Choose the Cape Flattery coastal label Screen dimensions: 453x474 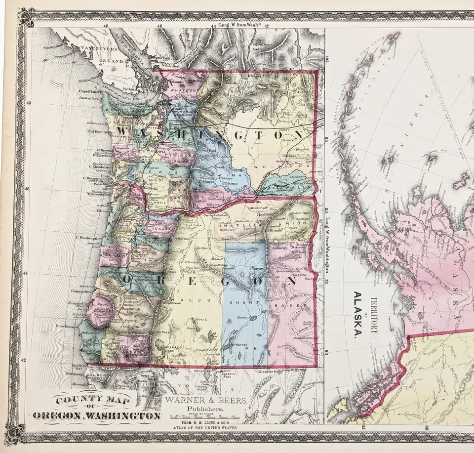(x=89, y=91)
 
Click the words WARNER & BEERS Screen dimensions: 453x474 (x=206, y=401)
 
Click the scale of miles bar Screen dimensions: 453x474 (x=204, y=417)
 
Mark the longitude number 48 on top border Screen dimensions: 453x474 (x=106, y=25)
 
